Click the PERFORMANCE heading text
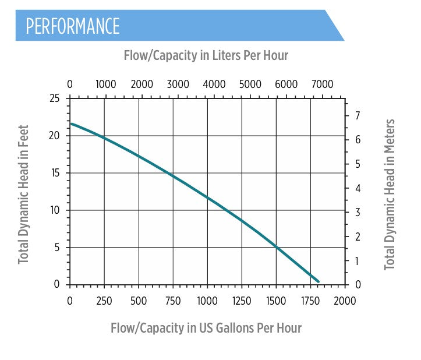tap(73, 26)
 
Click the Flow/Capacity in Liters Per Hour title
tap(206, 56)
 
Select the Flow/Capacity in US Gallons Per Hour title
tap(206, 328)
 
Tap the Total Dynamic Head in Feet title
tap(23, 194)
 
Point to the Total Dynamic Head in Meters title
tap(390, 195)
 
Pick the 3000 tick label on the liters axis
tap(178, 84)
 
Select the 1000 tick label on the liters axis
tap(105, 84)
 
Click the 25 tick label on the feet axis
tap(54, 98)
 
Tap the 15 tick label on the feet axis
tap(54, 173)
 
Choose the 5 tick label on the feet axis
tap(57, 248)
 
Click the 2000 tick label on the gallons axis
tap(345, 301)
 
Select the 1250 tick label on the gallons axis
tap(242, 301)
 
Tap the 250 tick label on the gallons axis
tap(105, 301)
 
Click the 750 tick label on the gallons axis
tap(173, 301)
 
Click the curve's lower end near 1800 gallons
tap(318, 281)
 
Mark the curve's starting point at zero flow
tap(71, 123)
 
